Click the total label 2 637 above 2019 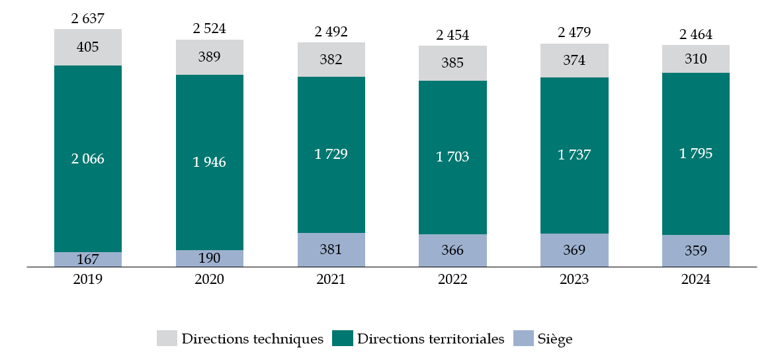click(88, 19)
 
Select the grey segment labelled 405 click(88, 47)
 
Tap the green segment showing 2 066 click(88, 159)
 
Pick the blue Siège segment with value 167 click(88, 259)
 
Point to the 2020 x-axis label click(210, 279)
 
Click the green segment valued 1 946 click(210, 162)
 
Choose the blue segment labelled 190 click(210, 258)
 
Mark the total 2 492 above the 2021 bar click(331, 32)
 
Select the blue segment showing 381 click(331, 249)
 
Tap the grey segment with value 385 click(452, 64)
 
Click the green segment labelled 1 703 click(452, 157)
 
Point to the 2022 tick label click(452, 279)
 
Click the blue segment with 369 click(574, 250)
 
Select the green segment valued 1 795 click(696, 154)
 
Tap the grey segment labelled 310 click(696, 59)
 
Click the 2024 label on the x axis click(696, 279)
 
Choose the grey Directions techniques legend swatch click(167, 339)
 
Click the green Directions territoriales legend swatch click(342, 339)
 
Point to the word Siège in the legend click(555, 339)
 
